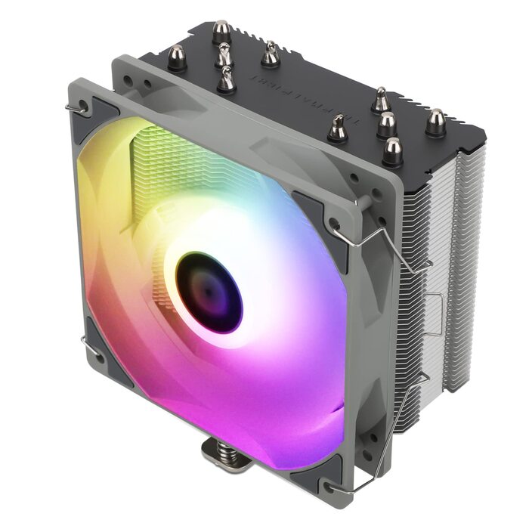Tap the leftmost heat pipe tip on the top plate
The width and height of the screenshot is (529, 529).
[177, 57]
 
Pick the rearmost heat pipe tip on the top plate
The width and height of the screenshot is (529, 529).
[221, 31]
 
